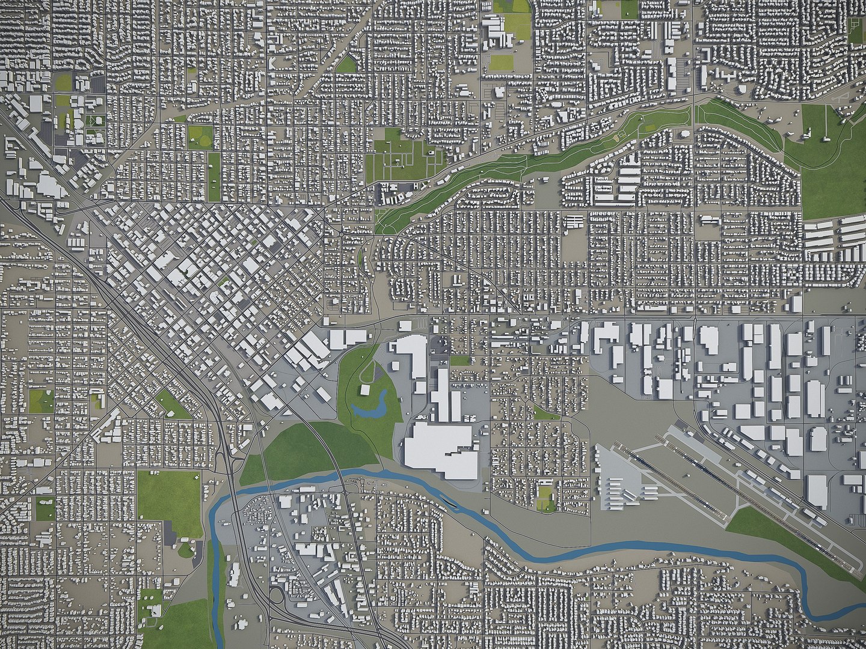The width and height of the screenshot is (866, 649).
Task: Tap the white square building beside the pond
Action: [364, 390]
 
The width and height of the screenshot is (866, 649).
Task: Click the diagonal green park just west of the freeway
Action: [173, 404]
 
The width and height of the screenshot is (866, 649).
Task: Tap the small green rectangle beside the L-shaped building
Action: [459, 361]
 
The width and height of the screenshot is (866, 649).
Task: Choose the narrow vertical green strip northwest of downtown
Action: [214, 176]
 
